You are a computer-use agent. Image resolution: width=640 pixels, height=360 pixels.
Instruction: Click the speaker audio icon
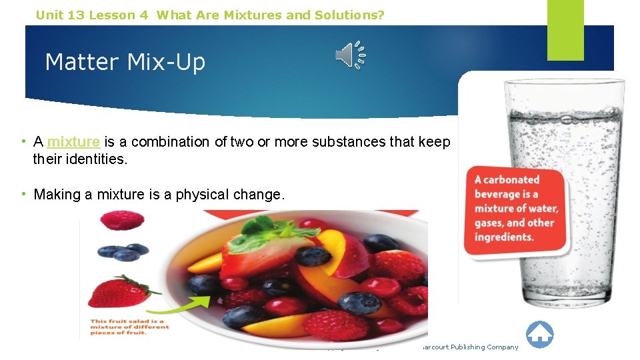tap(350, 55)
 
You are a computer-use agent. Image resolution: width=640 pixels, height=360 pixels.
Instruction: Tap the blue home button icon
tap(539, 335)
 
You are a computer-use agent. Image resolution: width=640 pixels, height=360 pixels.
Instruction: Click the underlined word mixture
tap(73, 141)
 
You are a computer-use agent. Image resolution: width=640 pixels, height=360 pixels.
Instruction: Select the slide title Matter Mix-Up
tap(125, 62)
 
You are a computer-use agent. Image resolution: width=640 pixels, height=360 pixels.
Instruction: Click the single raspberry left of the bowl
tap(121, 221)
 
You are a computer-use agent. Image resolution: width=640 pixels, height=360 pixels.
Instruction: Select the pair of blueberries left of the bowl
tap(123, 252)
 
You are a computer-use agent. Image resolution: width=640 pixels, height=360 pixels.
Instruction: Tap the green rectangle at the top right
tap(565, 29)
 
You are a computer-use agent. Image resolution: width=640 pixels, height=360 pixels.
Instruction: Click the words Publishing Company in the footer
tap(484, 347)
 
